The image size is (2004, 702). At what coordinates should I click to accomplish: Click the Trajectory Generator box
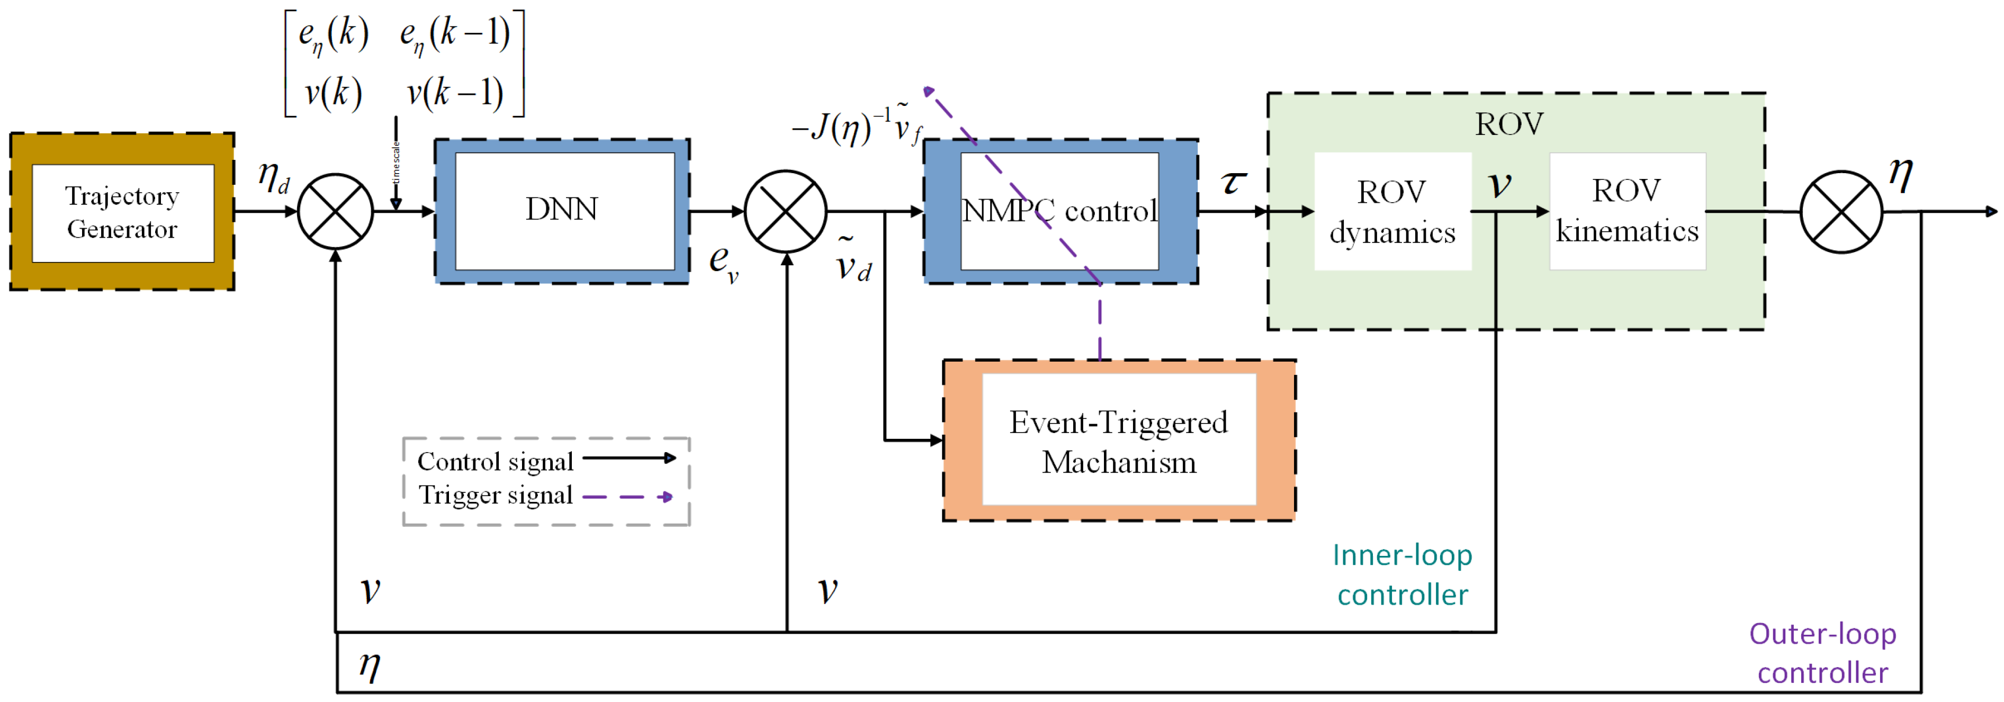coord(122,212)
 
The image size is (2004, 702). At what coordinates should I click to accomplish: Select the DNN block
coord(562,210)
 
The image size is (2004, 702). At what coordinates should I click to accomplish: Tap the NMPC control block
coord(1059,211)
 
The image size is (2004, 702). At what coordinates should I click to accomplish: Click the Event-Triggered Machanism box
coord(1119,442)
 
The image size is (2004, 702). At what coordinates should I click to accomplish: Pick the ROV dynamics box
coord(1392,212)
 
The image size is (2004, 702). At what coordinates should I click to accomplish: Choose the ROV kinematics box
coord(1626,211)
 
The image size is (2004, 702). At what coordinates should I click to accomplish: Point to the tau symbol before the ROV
coord(1233,182)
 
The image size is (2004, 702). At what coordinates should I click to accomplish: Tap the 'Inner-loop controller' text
coord(1402,575)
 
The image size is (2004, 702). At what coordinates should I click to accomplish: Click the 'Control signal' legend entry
coord(496,462)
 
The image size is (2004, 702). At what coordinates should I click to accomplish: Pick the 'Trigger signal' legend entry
coord(496,495)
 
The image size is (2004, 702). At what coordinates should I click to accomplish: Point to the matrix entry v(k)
coord(333,93)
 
